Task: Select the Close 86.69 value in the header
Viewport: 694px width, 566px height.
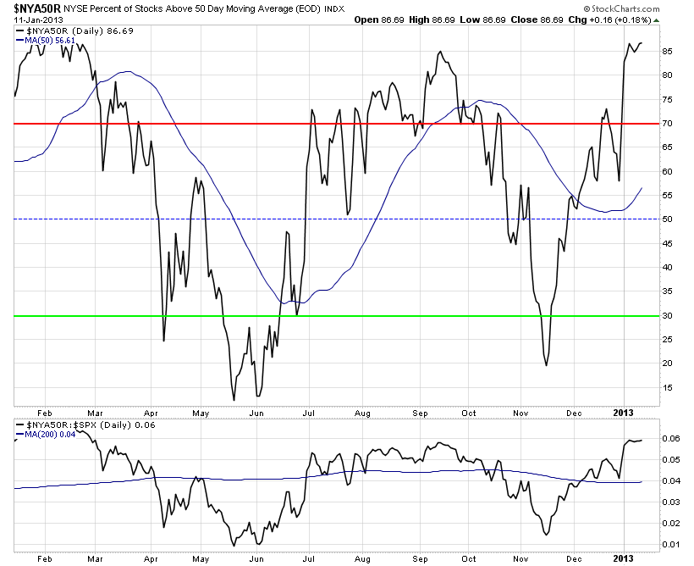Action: [555, 19]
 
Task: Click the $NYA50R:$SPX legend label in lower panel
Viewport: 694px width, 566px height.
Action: [63, 422]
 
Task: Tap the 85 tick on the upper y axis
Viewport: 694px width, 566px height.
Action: [667, 51]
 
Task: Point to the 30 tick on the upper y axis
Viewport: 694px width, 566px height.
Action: [667, 316]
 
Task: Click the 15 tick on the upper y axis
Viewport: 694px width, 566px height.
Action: [667, 388]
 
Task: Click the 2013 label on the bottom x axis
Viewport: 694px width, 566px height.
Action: [622, 557]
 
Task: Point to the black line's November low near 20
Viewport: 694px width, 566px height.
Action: [546, 365]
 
